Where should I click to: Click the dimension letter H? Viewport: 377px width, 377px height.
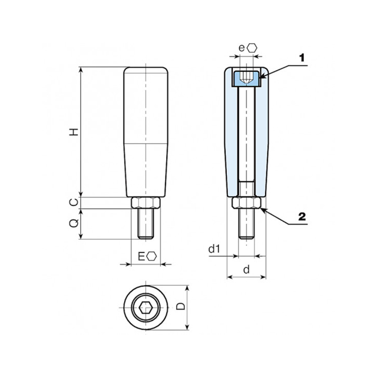click(x=74, y=132)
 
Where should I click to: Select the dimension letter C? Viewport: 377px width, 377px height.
click(x=74, y=202)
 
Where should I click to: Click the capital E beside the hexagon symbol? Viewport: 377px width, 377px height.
click(x=141, y=257)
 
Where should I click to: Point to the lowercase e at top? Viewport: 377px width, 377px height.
click(x=242, y=48)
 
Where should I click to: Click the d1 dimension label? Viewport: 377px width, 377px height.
click(x=214, y=249)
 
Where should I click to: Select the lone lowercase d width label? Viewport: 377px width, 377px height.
click(x=246, y=270)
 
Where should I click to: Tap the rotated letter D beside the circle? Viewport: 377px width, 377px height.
click(x=181, y=306)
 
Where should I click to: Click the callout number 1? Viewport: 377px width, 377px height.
click(x=302, y=58)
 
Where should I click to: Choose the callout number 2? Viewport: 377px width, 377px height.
click(x=302, y=217)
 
